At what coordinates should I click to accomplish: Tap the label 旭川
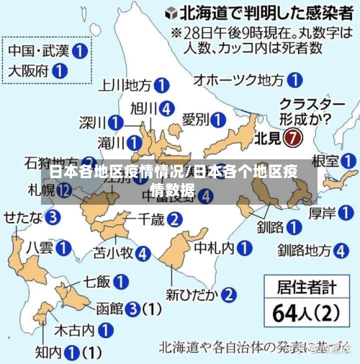[143, 109]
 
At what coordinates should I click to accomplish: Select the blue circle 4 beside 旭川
[168, 109]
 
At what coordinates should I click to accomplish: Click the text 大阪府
[29, 71]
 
